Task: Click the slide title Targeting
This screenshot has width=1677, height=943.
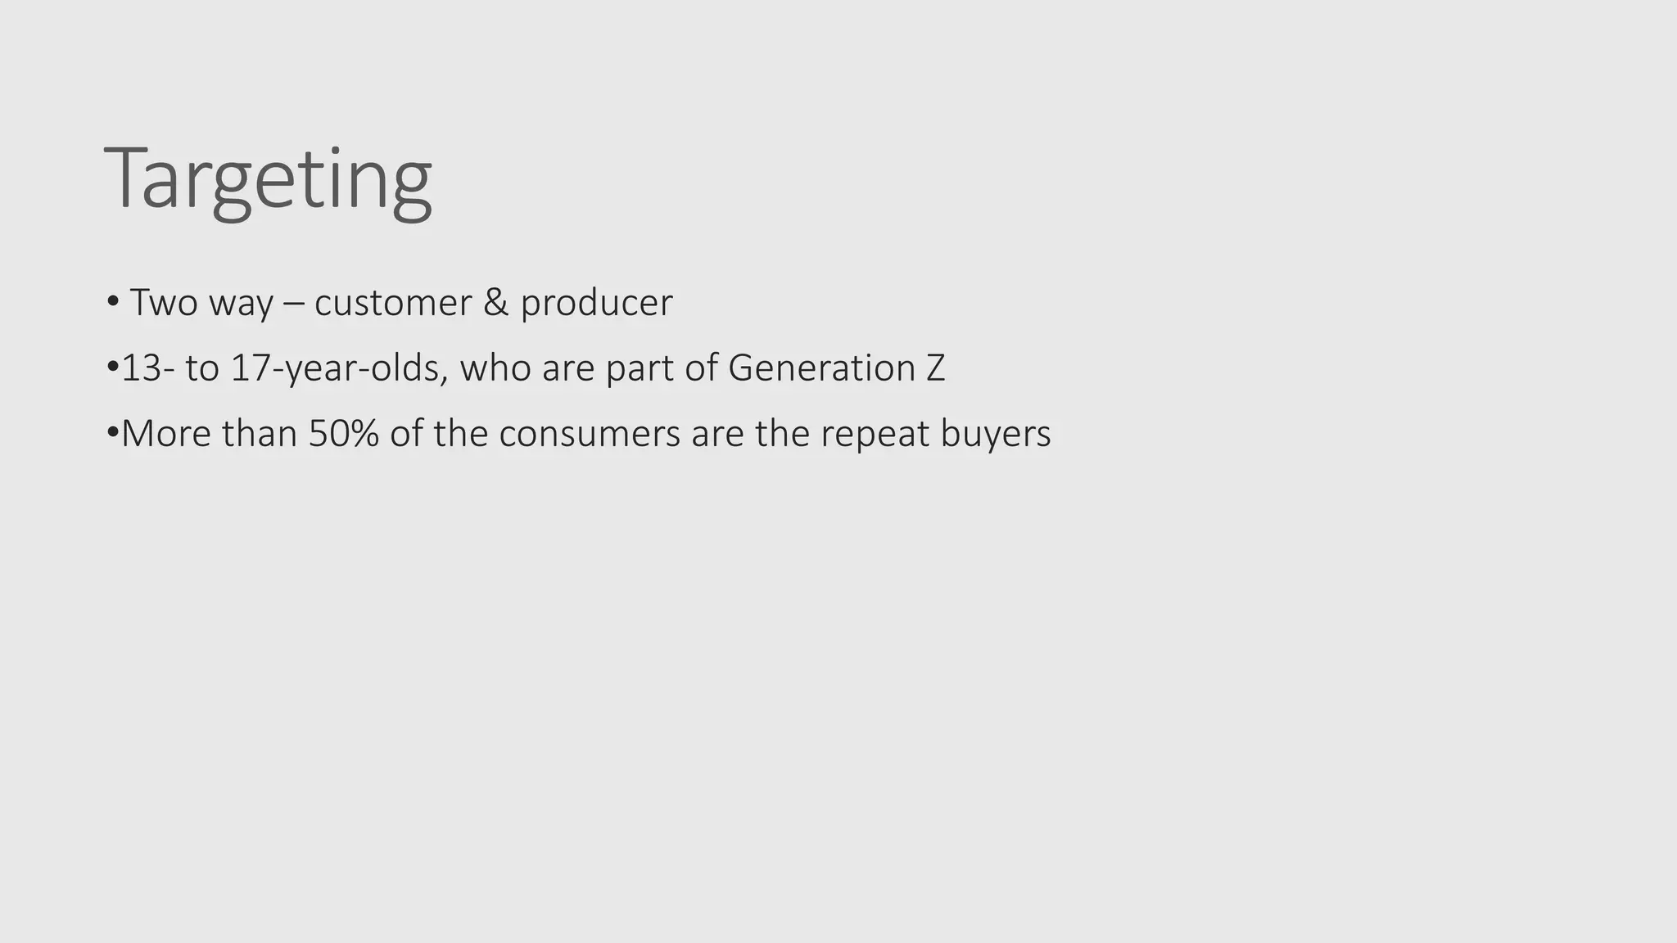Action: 268,179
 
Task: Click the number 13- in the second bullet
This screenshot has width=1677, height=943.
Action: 147,368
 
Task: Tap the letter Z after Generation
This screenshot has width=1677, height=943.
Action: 936,368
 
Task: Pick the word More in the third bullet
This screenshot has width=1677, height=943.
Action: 167,434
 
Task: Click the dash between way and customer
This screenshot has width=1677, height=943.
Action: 293,303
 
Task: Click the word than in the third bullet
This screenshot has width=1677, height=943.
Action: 260,434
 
